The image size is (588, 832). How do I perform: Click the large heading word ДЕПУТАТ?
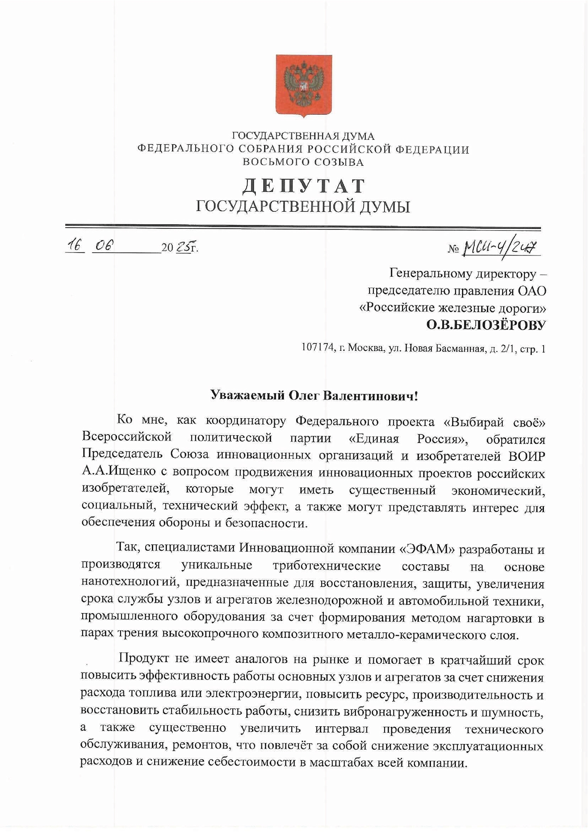tap(303, 186)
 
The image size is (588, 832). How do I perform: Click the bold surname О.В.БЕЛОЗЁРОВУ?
tap(485, 325)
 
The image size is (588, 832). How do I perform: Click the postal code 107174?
tap(317, 348)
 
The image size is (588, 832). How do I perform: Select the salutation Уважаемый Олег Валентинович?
tap(314, 395)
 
